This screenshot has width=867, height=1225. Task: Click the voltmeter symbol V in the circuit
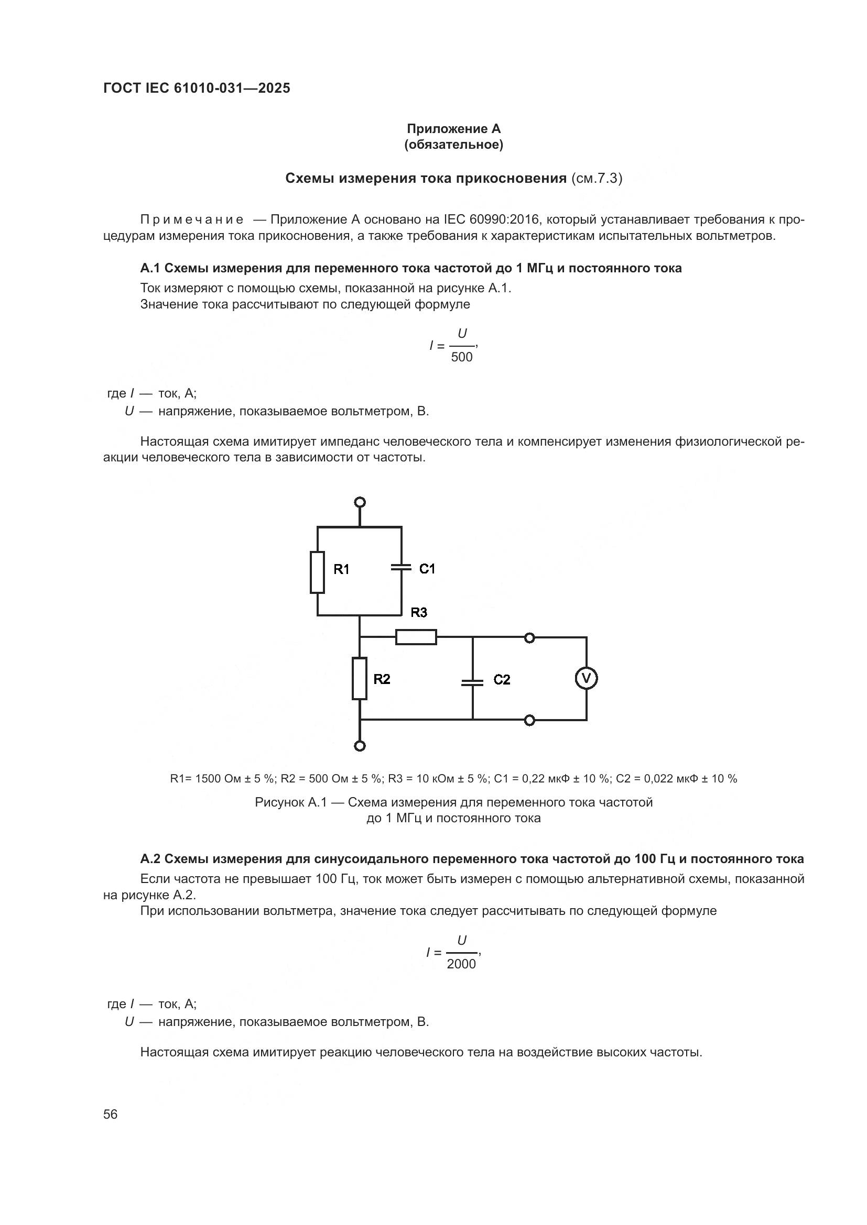(586, 679)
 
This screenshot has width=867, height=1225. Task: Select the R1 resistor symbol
(317, 572)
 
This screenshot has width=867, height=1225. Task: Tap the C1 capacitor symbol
(402, 567)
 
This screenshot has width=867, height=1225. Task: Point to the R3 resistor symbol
(416, 637)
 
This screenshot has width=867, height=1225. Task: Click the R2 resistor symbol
(359, 679)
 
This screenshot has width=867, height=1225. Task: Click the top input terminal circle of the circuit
(360, 502)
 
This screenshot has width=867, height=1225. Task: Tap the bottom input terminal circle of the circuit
(360, 746)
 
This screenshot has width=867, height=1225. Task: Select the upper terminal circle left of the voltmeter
(529, 637)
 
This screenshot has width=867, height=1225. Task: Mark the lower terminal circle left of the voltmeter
(529, 721)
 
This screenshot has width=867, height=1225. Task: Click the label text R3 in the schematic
(419, 613)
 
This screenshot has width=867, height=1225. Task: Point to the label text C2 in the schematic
(502, 679)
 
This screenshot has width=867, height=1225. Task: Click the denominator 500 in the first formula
(462, 357)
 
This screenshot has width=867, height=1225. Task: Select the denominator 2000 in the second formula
(461, 964)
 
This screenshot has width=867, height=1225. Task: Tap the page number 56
(111, 1114)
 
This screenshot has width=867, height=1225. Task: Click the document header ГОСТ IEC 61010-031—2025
(197, 89)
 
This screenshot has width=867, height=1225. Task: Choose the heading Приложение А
(454, 129)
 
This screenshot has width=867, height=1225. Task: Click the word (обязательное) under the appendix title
(454, 145)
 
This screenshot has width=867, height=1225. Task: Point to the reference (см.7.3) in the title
(597, 178)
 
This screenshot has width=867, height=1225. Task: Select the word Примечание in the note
(192, 220)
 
